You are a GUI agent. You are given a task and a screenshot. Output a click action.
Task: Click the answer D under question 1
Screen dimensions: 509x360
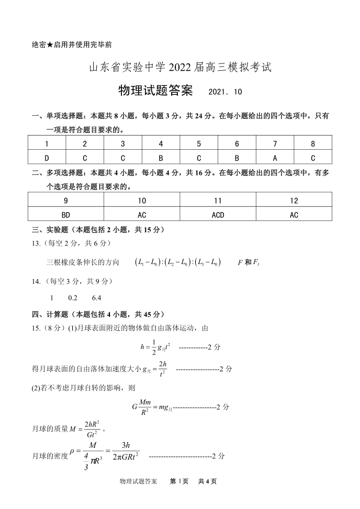click(47, 157)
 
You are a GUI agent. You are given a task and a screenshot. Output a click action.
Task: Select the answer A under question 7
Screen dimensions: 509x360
click(275, 157)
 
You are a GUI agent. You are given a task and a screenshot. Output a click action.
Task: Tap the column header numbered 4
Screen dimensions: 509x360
click(161, 144)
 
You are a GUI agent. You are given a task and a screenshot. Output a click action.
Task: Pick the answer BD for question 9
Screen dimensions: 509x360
click(66, 215)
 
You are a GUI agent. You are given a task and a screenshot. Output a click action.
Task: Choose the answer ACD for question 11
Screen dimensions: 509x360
click(218, 215)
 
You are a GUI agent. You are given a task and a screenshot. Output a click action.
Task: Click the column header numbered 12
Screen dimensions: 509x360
click(294, 201)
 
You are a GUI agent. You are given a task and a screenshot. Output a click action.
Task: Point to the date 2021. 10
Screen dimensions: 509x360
click(225, 92)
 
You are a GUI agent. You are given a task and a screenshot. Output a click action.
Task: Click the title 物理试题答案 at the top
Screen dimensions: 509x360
click(155, 91)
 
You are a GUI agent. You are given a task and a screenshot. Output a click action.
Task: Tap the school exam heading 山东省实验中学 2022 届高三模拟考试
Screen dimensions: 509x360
click(179, 68)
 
